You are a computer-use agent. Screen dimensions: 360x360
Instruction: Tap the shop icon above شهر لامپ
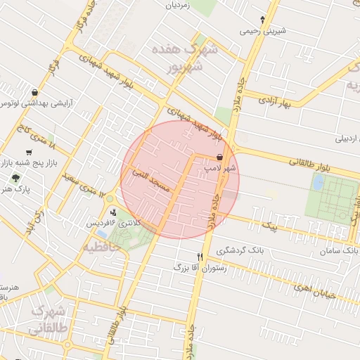(x=221, y=157)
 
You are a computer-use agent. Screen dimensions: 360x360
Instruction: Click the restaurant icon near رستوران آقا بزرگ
(x=200, y=257)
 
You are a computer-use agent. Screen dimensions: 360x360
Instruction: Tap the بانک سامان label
(x=339, y=250)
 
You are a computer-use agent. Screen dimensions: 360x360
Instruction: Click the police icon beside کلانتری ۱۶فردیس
(x=114, y=212)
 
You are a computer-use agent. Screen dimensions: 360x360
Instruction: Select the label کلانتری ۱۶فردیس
(x=113, y=222)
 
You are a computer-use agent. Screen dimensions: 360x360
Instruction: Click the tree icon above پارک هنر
(x=15, y=179)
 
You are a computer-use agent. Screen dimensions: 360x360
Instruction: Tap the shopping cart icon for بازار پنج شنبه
(x=29, y=152)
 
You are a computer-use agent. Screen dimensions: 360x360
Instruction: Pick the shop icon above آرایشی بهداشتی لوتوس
(x=34, y=91)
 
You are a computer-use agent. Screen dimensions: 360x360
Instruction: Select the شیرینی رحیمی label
(x=263, y=31)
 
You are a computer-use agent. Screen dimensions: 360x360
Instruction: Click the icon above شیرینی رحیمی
(x=263, y=20)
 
